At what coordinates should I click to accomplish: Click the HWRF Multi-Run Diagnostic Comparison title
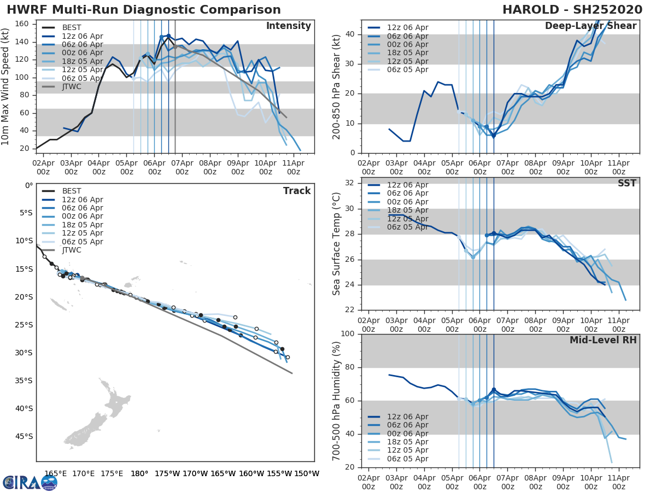point(144,10)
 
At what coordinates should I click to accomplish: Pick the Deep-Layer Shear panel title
point(590,26)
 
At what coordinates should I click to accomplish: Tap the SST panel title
point(627,183)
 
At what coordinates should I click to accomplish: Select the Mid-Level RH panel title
point(603,340)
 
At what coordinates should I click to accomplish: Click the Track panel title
point(297,191)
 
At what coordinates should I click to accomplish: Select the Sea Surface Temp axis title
point(337,244)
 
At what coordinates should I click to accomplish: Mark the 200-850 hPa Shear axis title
point(337,86)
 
